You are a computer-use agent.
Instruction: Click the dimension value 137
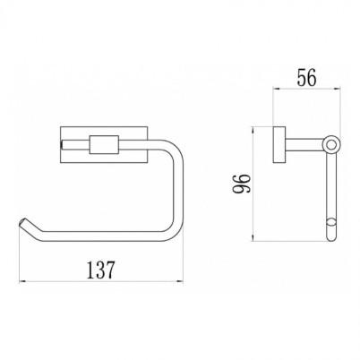[x=100, y=270]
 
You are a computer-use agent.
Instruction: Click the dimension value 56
[x=306, y=78]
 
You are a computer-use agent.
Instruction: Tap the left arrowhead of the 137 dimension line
[x=21, y=281]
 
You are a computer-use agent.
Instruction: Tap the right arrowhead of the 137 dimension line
[x=180, y=281]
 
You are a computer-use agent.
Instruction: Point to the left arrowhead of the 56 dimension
[x=276, y=89]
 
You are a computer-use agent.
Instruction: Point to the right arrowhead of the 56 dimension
[x=338, y=89]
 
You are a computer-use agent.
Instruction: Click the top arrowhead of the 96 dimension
[x=253, y=130]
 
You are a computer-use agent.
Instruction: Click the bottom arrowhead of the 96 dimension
[x=253, y=238]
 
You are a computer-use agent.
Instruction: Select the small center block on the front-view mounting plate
[x=104, y=145]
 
